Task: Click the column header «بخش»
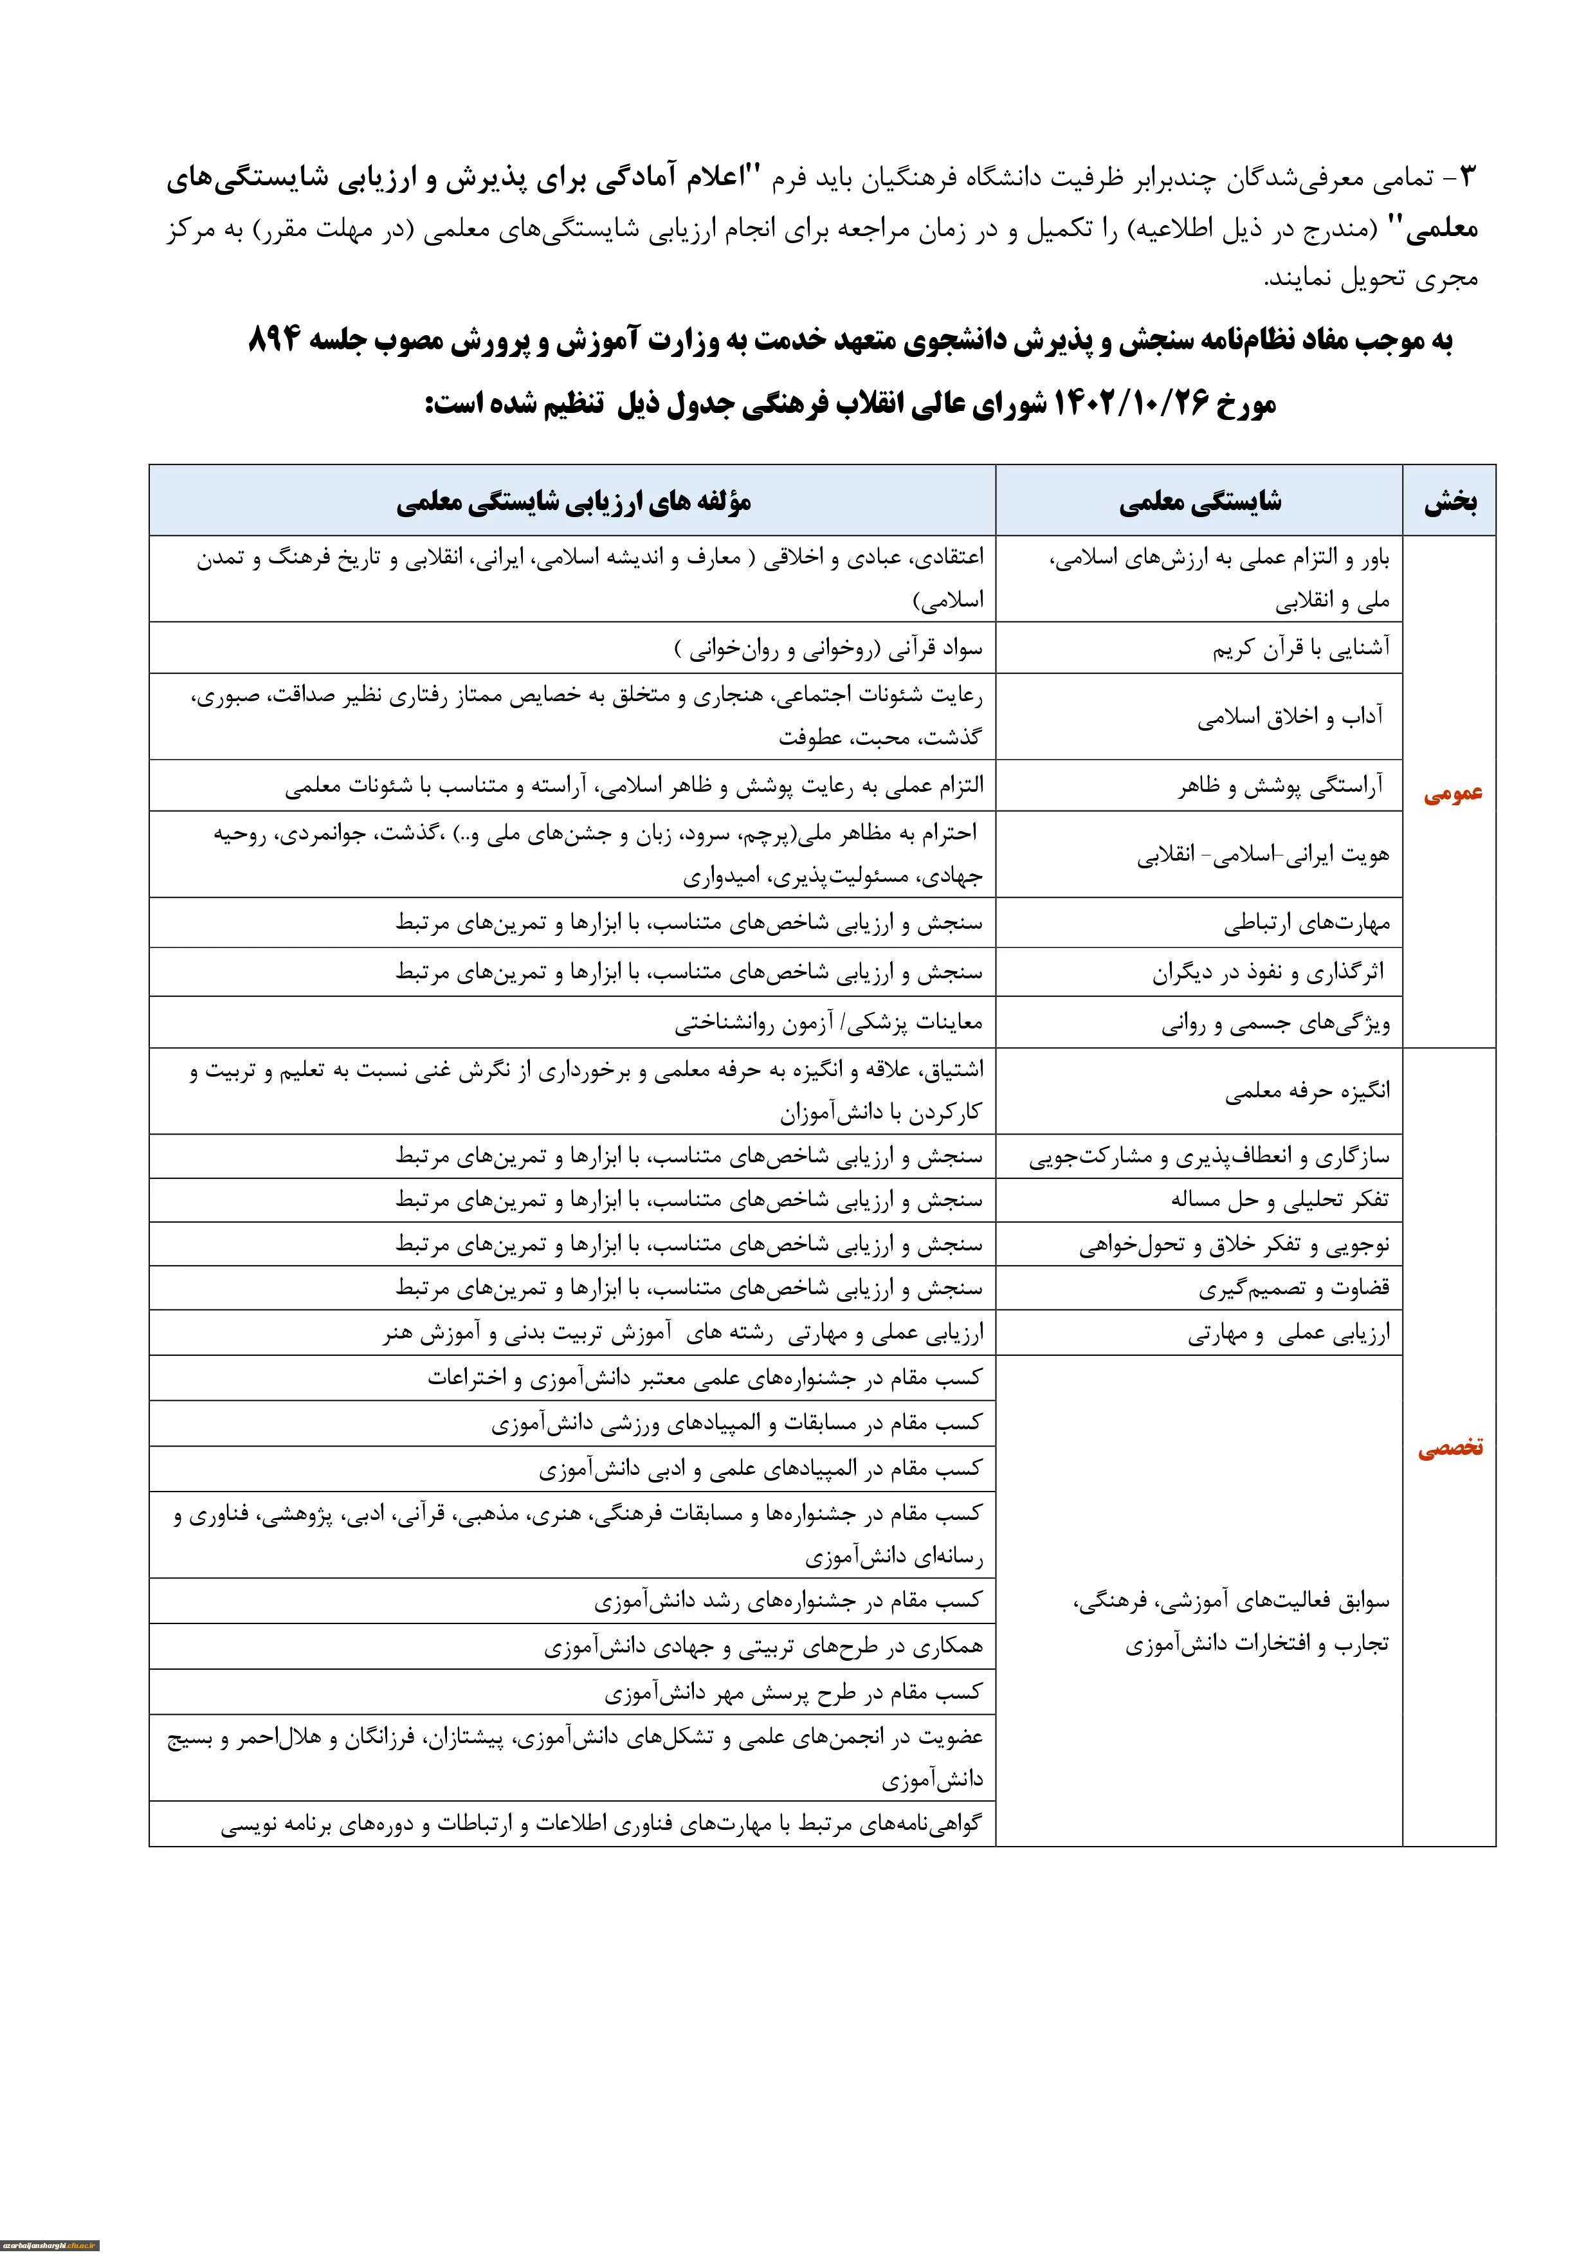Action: click(x=1450, y=503)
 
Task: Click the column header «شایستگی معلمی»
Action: click(x=1200, y=503)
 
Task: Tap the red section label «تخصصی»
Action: click(x=1450, y=1448)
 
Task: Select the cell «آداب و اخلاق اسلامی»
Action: click(x=1290, y=717)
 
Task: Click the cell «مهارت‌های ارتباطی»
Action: click(x=1306, y=924)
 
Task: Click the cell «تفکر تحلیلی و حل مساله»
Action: click(x=1280, y=1200)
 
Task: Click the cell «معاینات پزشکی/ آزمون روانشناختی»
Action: click(x=828, y=1024)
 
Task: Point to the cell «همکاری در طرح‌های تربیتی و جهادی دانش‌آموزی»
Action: click(x=763, y=1647)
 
